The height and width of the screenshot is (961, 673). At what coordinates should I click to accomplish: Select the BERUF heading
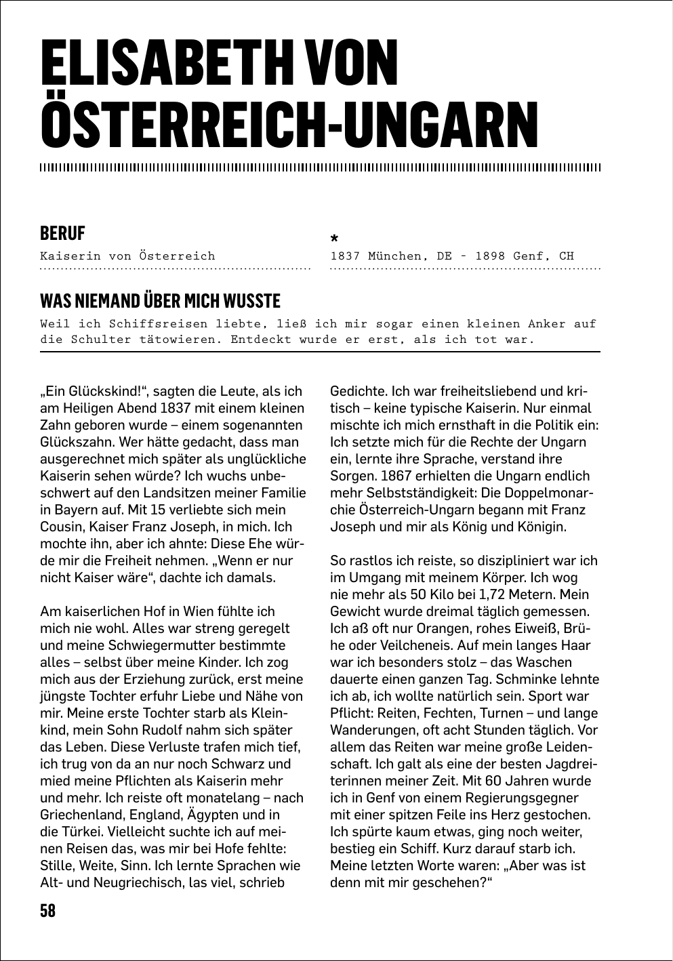coord(62,233)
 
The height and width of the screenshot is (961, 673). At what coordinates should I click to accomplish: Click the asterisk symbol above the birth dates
coord(333,239)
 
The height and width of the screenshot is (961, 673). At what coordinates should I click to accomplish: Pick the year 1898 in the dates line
coord(490,256)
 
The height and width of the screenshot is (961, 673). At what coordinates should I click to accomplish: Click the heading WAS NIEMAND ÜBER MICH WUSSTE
coord(160,300)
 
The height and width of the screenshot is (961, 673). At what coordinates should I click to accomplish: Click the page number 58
coord(47,910)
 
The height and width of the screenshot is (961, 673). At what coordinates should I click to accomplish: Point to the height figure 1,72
coord(495,594)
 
